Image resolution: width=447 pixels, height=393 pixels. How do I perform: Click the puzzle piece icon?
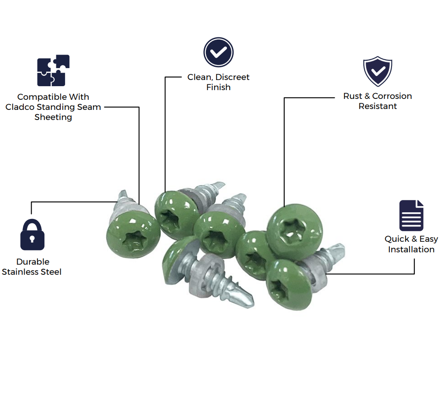click(x=53, y=70)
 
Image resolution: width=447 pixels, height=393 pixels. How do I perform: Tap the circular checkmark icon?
click(x=218, y=52)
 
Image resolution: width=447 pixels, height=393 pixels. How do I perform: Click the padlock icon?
click(x=32, y=235)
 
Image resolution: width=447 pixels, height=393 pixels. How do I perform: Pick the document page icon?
click(x=411, y=215)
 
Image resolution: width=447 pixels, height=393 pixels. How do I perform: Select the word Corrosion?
click(x=392, y=96)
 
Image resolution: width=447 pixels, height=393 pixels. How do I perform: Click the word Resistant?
click(x=377, y=106)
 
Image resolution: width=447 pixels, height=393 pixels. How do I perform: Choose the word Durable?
click(x=33, y=262)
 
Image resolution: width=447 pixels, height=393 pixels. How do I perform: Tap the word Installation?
click(x=411, y=249)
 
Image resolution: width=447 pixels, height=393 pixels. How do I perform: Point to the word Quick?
click(x=396, y=239)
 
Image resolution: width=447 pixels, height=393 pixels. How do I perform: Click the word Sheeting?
click(x=53, y=117)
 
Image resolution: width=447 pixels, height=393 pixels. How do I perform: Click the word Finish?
click(x=218, y=87)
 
